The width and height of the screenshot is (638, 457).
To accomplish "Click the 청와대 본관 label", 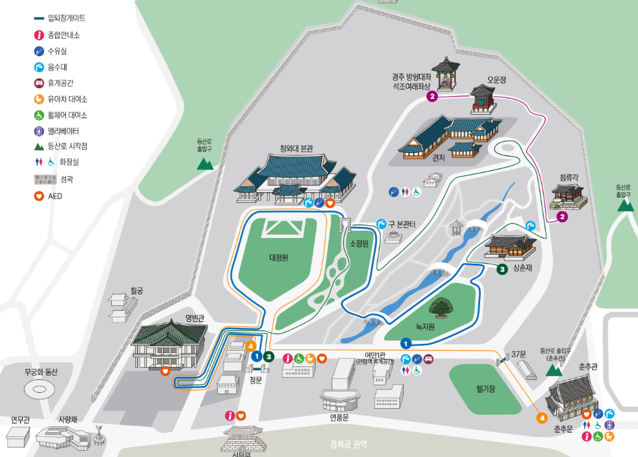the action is click(296, 148).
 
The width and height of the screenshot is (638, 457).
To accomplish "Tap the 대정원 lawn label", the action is click(278, 258).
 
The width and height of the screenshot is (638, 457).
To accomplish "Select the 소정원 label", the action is click(359, 243).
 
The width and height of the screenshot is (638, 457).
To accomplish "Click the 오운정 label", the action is click(497, 80).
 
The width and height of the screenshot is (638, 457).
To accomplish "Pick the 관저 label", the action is click(439, 158).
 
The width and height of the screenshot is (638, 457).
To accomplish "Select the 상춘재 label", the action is click(523, 268).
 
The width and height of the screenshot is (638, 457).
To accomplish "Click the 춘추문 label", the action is click(563, 429).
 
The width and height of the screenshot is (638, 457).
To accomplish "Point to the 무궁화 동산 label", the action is click(41, 371).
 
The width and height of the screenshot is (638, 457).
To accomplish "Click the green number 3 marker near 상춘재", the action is click(502, 269).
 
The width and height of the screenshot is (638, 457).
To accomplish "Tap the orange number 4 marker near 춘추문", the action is click(541, 418).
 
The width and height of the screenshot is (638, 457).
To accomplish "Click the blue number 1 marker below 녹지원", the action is click(406, 343).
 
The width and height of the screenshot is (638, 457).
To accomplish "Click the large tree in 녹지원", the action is click(442, 306).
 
